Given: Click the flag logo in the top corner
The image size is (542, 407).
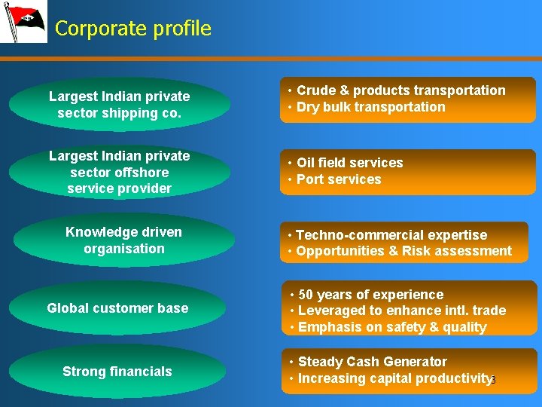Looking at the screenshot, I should click(x=24, y=22).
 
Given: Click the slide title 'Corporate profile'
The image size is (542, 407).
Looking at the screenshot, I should click(x=133, y=29).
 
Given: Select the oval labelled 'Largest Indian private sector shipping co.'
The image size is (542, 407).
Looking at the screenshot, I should click(x=119, y=105).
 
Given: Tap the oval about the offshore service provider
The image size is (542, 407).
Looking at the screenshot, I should click(x=119, y=172).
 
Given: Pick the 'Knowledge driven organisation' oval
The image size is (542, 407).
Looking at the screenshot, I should click(x=123, y=240).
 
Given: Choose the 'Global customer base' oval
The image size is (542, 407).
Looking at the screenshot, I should click(x=118, y=308).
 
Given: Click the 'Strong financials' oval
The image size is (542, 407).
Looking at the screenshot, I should click(x=117, y=371).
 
